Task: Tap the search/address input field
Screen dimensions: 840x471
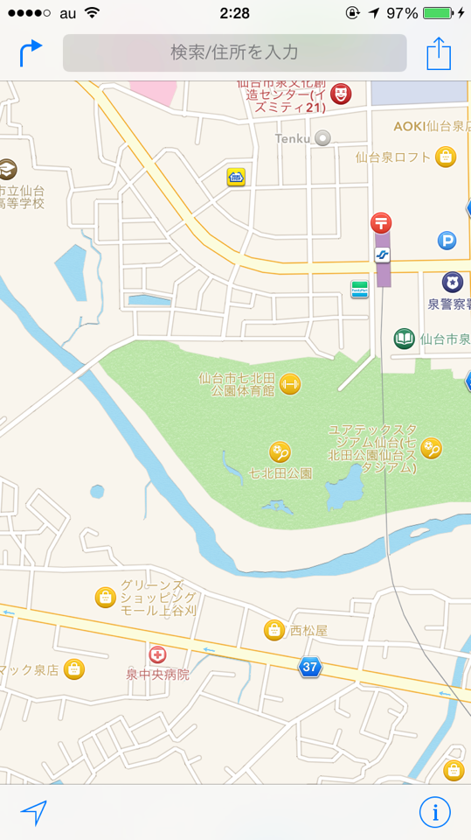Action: pyautogui.click(x=234, y=52)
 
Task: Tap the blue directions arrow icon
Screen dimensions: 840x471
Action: pyautogui.click(x=31, y=52)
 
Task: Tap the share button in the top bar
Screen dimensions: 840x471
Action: pyautogui.click(x=439, y=53)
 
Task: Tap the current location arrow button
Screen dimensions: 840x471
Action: pyautogui.click(x=33, y=813)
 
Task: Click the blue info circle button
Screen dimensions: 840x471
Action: pyautogui.click(x=435, y=812)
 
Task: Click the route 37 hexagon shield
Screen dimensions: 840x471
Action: pyautogui.click(x=309, y=667)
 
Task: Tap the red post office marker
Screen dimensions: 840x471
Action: pyautogui.click(x=381, y=222)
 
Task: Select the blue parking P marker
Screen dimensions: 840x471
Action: pyautogui.click(x=447, y=240)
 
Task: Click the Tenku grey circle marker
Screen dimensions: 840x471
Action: pyautogui.click(x=323, y=137)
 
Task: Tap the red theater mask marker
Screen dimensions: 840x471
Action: pyautogui.click(x=342, y=94)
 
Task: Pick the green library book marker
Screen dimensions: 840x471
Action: pyautogui.click(x=404, y=339)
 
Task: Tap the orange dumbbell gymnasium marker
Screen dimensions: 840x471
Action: pyautogui.click(x=290, y=384)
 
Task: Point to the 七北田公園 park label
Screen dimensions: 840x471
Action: pyautogui.click(x=280, y=473)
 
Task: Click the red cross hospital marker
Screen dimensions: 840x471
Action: pyautogui.click(x=157, y=654)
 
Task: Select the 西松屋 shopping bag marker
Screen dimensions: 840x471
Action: pyautogui.click(x=274, y=630)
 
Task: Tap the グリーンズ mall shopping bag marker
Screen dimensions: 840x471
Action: pyautogui.click(x=105, y=598)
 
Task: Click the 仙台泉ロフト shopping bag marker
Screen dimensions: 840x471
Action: pyautogui.click(x=446, y=157)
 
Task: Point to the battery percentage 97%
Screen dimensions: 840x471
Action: pyautogui.click(x=402, y=13)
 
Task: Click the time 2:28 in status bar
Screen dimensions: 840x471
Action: pyautogui.click(x=234, y=13)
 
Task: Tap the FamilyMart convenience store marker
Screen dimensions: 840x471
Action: pyautogui.click(x=359, y=289)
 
